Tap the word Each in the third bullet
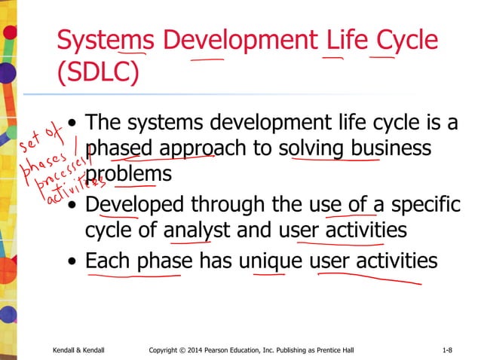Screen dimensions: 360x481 point(108,261)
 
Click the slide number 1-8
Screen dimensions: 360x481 point(447,350)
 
